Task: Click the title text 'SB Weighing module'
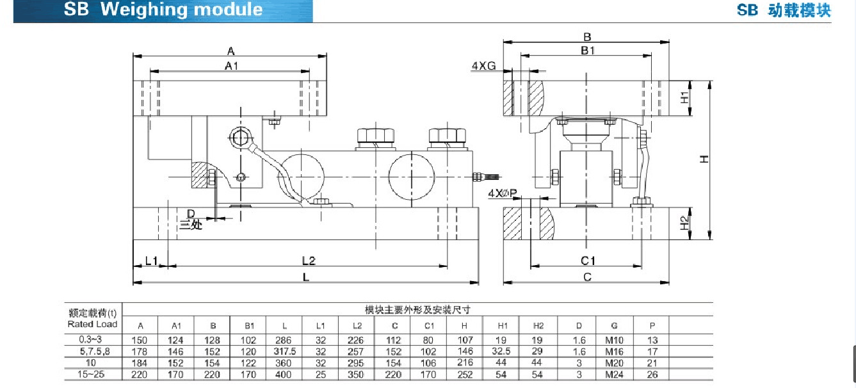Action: click(x=163, y=10)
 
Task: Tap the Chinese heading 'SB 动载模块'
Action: click(x=783, y=10)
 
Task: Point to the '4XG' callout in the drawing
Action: click(x=483, y=66)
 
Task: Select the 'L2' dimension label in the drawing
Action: click(x=309, y=261)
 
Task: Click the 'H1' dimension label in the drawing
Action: click(x=684, y=98)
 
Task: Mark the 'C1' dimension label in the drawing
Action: click(x=588, y=261)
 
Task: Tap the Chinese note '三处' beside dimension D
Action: click(x=190, y=225)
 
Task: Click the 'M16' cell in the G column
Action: click(x=614, y=351)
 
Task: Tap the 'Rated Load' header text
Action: click(x=93, y=324)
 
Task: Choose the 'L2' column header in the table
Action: click(x=357, y=326)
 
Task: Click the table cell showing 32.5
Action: click(x=503, y=351)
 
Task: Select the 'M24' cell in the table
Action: click(x=614, y=374)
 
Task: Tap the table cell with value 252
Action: click(x=465, y=374)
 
